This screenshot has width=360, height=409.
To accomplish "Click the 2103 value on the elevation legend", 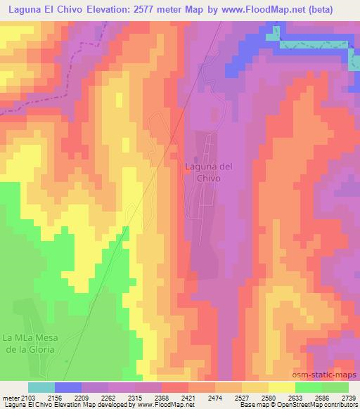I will (x=28, y=397).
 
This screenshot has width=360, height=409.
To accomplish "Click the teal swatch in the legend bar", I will (x=41, y=387).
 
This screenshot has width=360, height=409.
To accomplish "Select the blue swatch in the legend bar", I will (x=68, y=387).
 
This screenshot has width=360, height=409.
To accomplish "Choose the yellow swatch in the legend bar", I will (x=282, y=387).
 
